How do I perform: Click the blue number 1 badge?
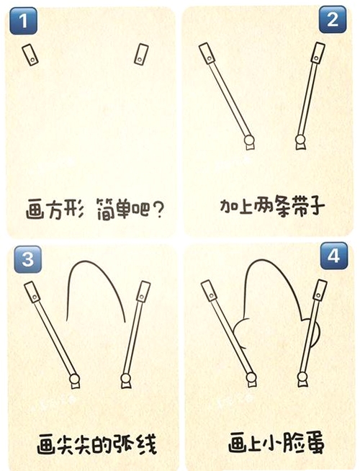(24, 21)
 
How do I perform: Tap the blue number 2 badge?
(333, 19)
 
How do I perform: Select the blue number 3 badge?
(27, 259)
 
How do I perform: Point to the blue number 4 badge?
(334, 256)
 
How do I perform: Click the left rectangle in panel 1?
(30, 54)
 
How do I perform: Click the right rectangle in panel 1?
(141, 54)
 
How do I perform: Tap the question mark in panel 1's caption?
(158, 210)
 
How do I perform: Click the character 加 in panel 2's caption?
(228, 207)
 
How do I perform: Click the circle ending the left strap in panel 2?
(249, 140)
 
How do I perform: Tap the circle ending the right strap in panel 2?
(300, 140)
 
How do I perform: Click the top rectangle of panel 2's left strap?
(207, 53)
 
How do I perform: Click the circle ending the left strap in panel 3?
(74, 379)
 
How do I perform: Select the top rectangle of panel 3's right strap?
(143, 292)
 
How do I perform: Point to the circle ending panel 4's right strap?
(302, 377)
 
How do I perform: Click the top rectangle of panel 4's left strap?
(210, 290)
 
